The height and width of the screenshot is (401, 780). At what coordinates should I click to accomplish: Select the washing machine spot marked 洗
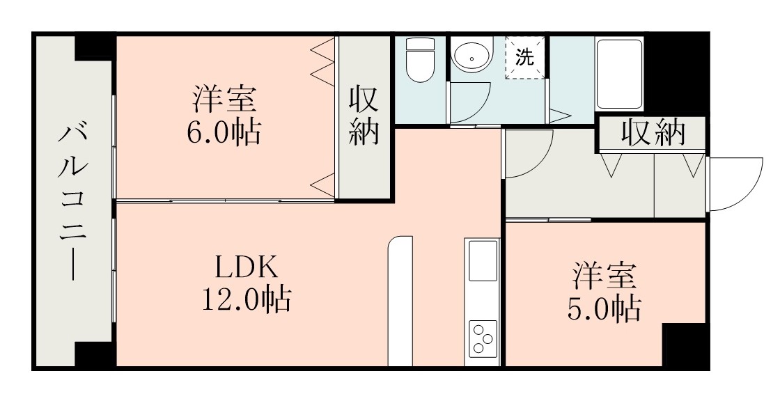(524, 58)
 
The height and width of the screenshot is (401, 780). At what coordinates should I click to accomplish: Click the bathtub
(619, 73)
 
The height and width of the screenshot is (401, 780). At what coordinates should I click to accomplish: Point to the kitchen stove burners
(483, 338)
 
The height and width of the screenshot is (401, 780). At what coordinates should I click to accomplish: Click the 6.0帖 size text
(224, 132)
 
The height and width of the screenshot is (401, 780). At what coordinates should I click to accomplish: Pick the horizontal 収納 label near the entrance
(653, 133)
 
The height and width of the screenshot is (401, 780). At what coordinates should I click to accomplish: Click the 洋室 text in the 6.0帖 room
(224, 99)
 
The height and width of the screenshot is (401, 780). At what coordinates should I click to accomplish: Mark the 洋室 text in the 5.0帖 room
(604, 276)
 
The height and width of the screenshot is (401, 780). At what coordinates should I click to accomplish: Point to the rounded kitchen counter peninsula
(400, 299)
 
